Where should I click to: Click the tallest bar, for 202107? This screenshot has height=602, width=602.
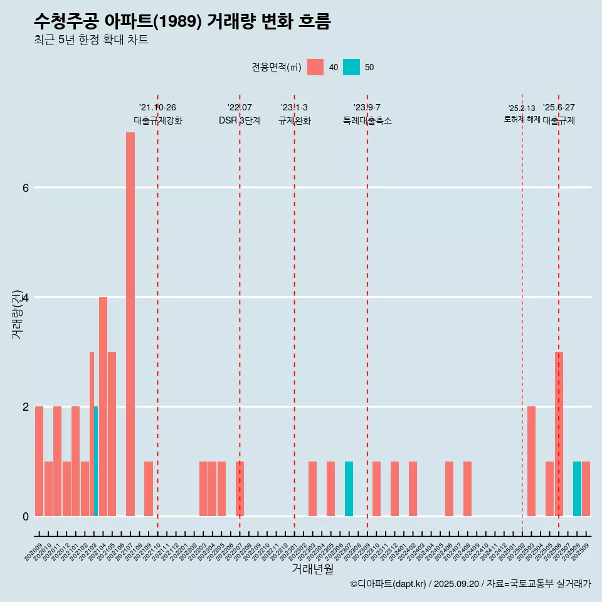[130, 324]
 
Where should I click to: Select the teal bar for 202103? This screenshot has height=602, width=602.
[96, 461]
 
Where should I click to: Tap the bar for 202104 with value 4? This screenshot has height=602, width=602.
[103, 406]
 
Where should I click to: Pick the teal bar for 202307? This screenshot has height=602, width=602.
[349, 488]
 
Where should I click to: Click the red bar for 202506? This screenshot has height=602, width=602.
[559, 434]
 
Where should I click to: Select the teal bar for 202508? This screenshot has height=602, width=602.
[577, 488]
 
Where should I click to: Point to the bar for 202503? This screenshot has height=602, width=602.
[531, 461]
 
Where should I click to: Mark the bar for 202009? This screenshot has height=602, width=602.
[39, 461]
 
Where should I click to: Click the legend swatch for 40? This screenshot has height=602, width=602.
[315, 67]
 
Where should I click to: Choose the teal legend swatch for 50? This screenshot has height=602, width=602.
[352, 67]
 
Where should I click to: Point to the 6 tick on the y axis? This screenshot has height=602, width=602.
[25, 187]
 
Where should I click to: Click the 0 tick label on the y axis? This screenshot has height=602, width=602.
[25, 516]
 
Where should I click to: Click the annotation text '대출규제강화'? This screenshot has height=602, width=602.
[158, 120]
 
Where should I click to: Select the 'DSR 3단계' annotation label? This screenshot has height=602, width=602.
[240, 120]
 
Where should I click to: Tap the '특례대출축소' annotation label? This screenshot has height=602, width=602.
[367, 120]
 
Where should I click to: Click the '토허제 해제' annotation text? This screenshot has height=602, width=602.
[522, 119]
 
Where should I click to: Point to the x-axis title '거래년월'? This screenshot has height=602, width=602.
[312, 569]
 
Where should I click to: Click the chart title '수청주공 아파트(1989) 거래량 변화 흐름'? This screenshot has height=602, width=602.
[182, 22]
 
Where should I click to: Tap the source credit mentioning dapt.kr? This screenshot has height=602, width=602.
[470, 584]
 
